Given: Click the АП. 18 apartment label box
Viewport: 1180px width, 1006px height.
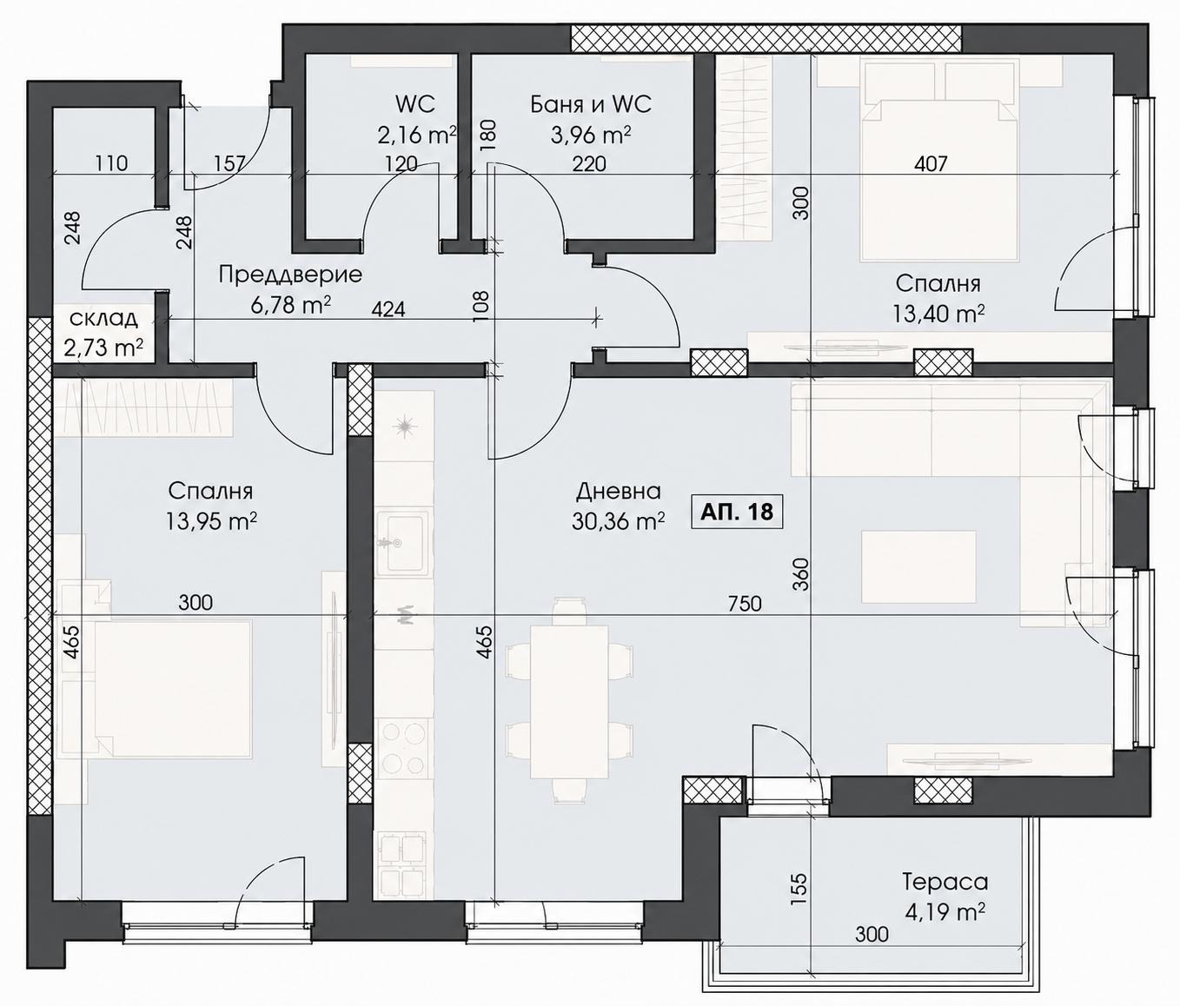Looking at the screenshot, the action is click(737, 512).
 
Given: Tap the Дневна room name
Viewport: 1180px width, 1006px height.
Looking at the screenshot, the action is click(619, 491).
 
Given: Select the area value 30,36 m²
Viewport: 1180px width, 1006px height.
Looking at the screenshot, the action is click(619, 520).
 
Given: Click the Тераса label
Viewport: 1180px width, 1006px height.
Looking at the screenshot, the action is click(945, 882).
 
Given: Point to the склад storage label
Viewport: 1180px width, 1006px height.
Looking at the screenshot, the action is click(104, 319).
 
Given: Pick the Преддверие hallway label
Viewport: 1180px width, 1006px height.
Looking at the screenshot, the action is click(290, 275).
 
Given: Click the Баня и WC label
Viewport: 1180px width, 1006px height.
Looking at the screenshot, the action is click(591, 104).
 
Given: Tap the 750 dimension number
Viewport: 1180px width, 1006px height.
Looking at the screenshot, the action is click(745, 603).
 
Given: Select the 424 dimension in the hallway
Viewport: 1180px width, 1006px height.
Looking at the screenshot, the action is click(388, 309).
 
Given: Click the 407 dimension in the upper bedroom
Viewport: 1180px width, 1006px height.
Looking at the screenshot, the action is click(931, 164).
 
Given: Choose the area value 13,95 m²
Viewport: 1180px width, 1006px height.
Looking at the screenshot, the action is click(211, 520).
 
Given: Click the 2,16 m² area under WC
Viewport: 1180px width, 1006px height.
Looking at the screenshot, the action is click(416, 136).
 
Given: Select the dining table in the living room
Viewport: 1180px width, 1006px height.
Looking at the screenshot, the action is click(568, 702).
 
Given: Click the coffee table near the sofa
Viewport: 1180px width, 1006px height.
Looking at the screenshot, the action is click(918, 566).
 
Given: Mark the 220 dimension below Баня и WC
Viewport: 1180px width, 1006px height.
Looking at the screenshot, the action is click(589, 164).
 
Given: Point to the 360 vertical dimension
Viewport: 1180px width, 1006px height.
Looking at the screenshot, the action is click(801, 574).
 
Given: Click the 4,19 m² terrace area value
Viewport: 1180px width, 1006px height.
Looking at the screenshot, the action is click(945, 912).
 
